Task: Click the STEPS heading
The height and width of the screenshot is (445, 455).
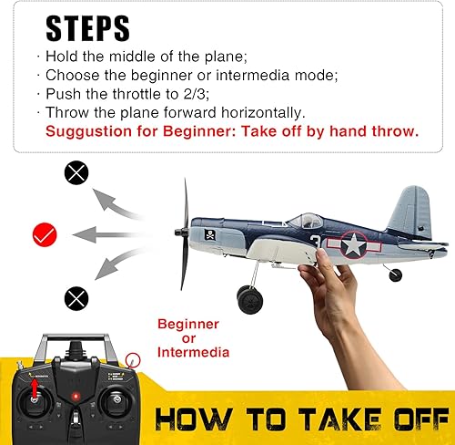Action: pyautogui.click(x=89, y=29)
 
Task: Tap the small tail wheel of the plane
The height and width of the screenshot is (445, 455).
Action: pyautogui.click(x=394, y=274)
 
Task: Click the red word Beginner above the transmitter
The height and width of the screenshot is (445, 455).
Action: pyautogui.click(x=188, y=324)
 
